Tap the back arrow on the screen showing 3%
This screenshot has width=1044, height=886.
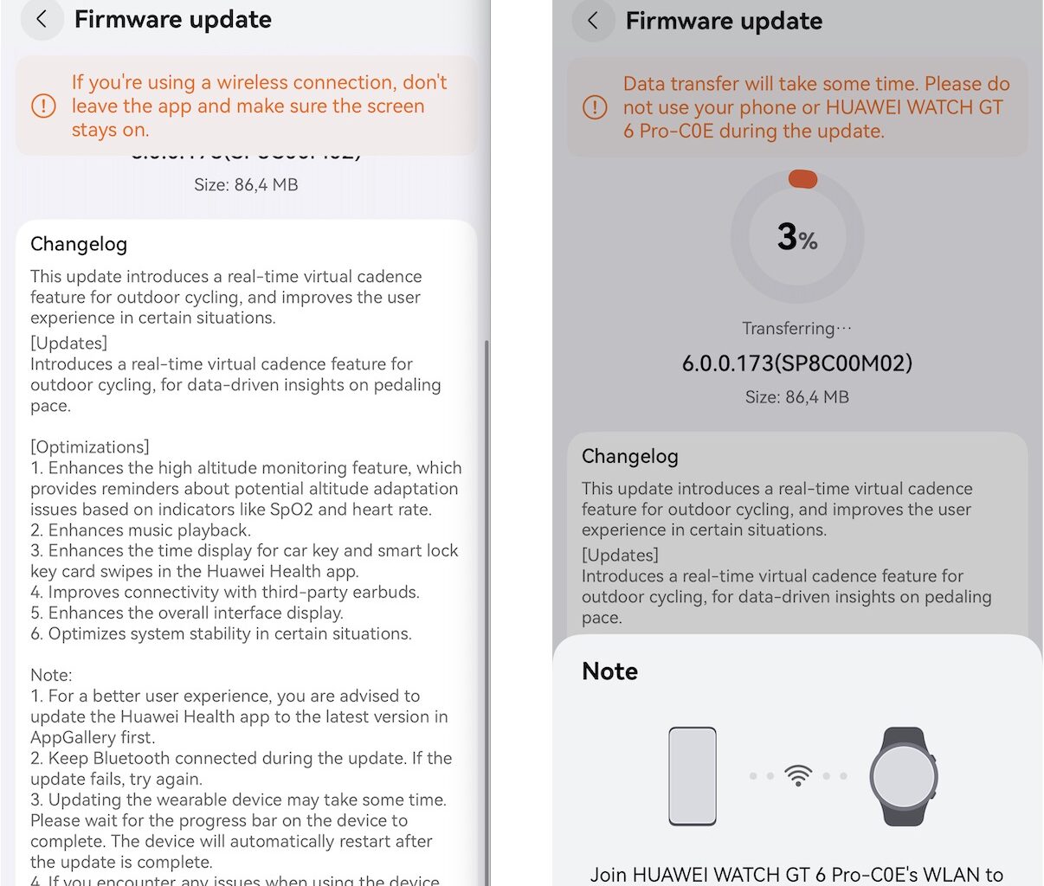pos(593,21)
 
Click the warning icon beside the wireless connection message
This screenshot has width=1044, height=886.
pos(43,106)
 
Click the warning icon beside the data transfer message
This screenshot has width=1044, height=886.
pos(595,108)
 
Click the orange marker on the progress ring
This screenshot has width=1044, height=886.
pos(802,179)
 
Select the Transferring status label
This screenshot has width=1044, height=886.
pos(796,329)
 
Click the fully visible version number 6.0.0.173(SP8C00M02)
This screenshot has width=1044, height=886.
pos(796,363)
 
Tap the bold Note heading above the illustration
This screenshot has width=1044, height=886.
pos(609,671)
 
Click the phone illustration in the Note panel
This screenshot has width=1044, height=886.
pos(693,776)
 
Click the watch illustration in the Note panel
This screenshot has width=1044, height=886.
pos(904,776)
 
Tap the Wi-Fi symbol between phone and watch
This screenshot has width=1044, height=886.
pos(797,775)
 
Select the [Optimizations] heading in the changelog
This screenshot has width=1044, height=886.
pos(90,447)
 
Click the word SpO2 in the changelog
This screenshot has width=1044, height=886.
pos(291,510)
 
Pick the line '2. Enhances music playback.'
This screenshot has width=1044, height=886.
pos(140,530)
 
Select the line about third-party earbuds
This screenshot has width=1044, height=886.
pos(225,593)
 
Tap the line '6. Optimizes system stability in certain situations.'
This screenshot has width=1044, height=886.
pos(221,634)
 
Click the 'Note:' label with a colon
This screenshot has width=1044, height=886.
pos(51,676)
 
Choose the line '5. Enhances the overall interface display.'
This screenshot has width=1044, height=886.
pos(187,613)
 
